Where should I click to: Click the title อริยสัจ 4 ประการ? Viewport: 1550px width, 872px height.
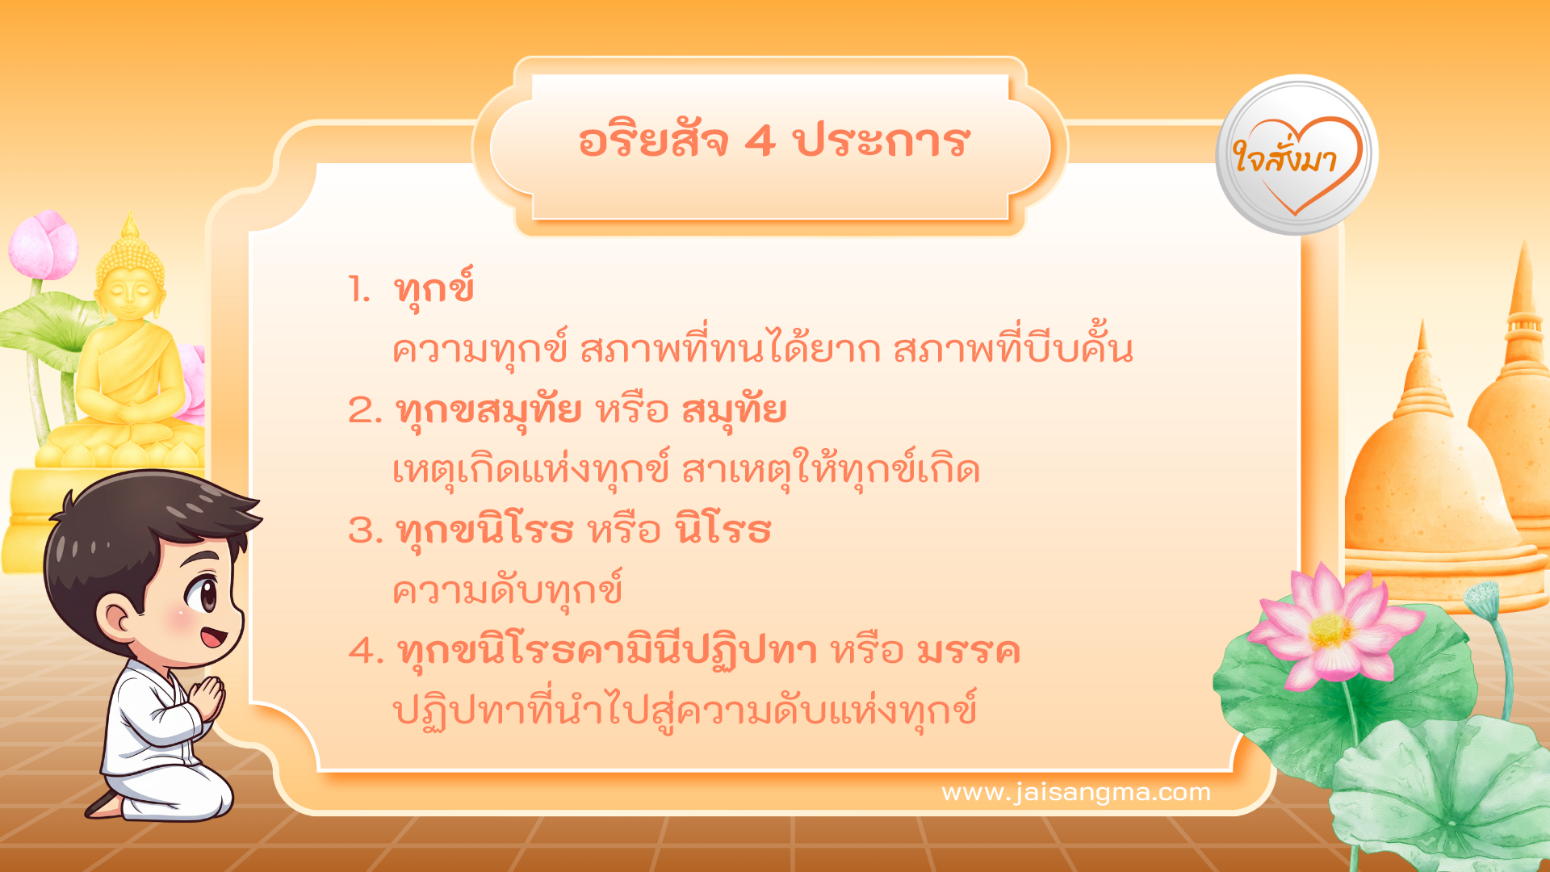coord(773,142)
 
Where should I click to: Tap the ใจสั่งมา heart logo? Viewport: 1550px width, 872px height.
coord(1297,157)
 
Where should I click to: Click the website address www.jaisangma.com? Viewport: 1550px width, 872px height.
coord(1075,792)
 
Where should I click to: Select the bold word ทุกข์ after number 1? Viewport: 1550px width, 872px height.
coord(434,289)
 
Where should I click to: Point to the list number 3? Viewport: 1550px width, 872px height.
coord(364,531)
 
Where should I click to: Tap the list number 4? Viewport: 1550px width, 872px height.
coord(365,651)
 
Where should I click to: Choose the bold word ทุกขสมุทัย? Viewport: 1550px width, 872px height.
coord(489,410)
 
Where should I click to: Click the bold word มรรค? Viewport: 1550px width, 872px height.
coord(969,651)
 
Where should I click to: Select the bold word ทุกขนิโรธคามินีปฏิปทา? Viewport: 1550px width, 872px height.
coord(607,651)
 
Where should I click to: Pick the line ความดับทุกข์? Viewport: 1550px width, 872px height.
coord(507,591)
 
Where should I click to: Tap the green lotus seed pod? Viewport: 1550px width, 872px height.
coord(1482,598)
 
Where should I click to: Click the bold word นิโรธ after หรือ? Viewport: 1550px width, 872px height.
coord(724,531)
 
